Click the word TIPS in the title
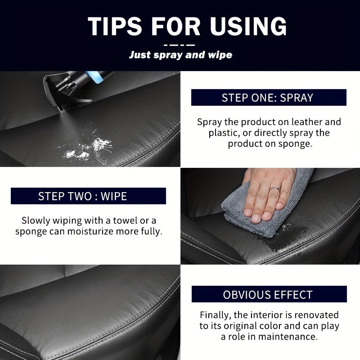115,26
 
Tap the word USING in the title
248,26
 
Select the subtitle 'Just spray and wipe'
180,55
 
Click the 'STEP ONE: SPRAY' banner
269,97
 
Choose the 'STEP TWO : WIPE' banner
88,196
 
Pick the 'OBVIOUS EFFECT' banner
269,294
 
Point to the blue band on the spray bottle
94,76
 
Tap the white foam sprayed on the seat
87,149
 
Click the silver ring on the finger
275,189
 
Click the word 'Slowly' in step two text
36,220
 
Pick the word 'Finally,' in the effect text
216,315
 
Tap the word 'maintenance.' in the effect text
288,337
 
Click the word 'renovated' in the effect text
316,315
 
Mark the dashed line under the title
179,45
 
